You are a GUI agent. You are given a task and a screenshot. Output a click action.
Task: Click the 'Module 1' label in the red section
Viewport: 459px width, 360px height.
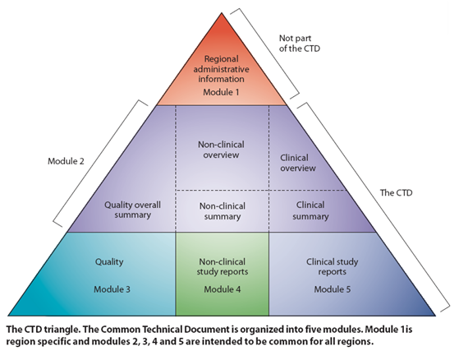tap(221, 92)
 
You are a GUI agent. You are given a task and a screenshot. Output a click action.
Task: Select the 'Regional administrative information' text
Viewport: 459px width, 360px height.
tap(221, 69)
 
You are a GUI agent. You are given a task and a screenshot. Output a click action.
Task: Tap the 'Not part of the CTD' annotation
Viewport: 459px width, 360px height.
tap(299, 43)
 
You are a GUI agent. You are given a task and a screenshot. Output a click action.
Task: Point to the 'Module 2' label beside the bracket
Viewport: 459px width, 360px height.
tap(66, 161)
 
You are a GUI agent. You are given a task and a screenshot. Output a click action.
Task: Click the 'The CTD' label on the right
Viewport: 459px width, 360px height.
tap(396, 193)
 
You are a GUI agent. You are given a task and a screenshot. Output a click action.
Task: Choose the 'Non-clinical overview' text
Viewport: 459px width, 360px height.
tap(221, 150)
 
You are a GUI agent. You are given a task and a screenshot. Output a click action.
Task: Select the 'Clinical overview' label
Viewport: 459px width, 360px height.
tap(298, 163)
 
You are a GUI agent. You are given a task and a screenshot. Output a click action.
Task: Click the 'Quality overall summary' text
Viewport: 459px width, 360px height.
tap(132, 210)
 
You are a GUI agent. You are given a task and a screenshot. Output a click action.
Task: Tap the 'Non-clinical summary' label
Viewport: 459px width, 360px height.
tap(223, 211)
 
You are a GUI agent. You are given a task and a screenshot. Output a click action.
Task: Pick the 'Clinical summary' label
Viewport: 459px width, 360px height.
tap(310, 210)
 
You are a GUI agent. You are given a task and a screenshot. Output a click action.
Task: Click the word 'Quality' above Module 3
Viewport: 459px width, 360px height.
tap(109, 261)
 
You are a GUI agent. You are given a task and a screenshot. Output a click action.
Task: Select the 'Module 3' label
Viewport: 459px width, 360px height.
tap(112, 289)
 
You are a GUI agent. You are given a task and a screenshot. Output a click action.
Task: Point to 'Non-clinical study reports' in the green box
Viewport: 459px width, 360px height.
tap(223, 266)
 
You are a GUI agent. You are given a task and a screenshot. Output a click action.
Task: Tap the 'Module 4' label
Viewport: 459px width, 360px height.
tap(223, 289)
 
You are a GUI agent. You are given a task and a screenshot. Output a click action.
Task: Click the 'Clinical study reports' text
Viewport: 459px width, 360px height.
tap(333, 266)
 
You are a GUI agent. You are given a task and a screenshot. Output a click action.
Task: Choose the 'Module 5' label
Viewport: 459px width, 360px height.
tap(333, 289)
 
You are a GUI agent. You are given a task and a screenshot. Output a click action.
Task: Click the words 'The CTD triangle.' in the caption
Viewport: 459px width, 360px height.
tap(43, 330)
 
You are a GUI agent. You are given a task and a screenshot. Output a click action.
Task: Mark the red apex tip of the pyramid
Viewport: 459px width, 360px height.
tap(222, 13)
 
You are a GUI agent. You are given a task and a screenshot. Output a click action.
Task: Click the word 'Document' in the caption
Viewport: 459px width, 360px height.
tap(207, 330)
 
